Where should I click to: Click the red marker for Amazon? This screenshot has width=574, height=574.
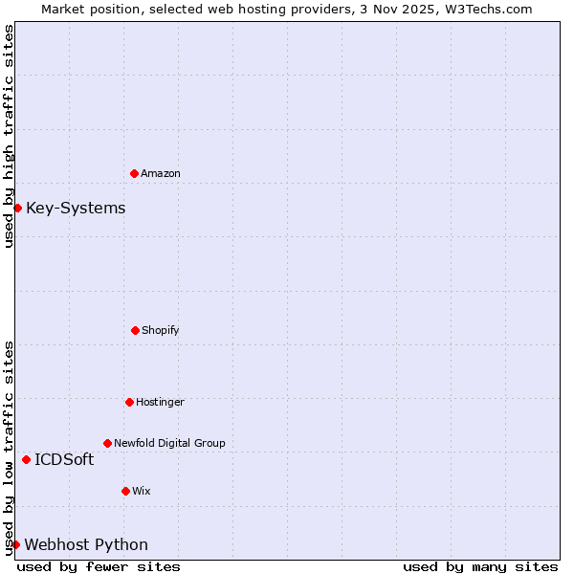pos(134,173)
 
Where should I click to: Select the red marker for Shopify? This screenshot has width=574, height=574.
pos(135,330)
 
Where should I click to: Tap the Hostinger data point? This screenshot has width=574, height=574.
pos(129,402)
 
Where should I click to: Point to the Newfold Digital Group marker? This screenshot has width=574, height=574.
pos(107,443)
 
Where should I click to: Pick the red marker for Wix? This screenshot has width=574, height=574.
pos(125,491)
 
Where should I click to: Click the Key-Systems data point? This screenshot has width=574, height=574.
pos(17,208)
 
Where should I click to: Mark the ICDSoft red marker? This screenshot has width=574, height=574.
pos(26,459)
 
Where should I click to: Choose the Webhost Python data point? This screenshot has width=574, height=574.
pos(15,544)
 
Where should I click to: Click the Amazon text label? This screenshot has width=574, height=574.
pos(161,173)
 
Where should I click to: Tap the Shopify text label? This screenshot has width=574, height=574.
pos(161,330)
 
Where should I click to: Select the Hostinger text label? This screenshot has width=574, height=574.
pos(160,402)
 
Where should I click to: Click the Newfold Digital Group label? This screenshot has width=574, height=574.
pos(169,443)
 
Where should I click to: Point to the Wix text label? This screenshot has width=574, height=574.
pos(142,491)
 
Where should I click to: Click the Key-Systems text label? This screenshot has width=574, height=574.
pos(76,209)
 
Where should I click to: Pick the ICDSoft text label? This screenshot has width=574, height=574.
pos(64,459)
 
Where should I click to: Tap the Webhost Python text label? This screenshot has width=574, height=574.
pos(86,545)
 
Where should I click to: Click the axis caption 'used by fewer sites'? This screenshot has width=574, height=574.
pos(99,566)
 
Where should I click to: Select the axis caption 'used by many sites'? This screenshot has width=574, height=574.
pos(480,566)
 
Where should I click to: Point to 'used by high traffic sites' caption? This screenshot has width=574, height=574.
pos(9,136)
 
